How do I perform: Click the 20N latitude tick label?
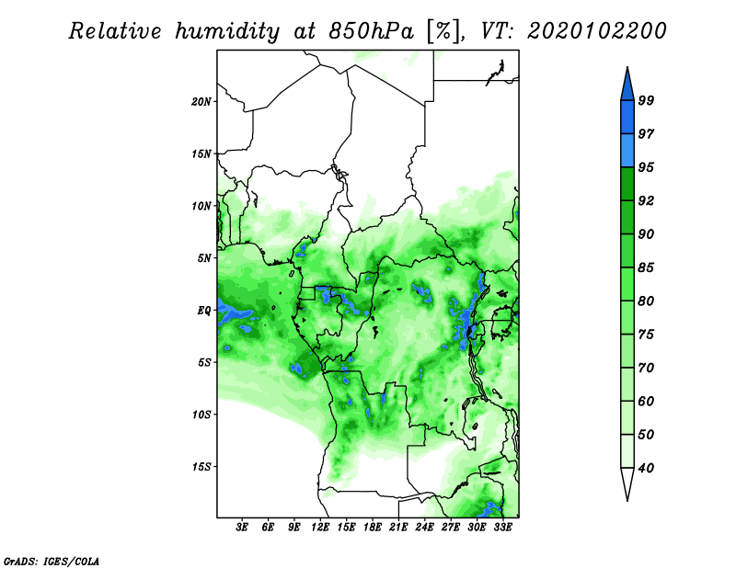point(201,102)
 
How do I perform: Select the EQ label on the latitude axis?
point(204,311)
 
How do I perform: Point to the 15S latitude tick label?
point(201,467)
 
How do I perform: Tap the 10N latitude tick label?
point(201,206)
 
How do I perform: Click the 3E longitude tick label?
point(242,528)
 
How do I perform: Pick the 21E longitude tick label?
point(398,528)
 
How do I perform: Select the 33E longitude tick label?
point(502,528)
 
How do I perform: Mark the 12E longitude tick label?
point(320,528)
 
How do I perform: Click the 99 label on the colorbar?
point(646,100)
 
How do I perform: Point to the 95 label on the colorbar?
point(646,167)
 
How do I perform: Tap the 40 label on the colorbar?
point(646,468)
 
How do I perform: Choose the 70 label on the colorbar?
point(646,368)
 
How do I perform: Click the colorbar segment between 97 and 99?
point(627,118)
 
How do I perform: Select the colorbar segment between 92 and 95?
point(627,184)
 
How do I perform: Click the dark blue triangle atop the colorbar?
point(627,85)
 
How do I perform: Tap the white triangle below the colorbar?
point(627,483)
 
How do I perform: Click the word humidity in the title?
point(227,31)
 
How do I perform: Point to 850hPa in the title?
point(371,31)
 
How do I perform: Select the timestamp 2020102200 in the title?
point(597,31)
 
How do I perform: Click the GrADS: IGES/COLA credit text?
point(52,562)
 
